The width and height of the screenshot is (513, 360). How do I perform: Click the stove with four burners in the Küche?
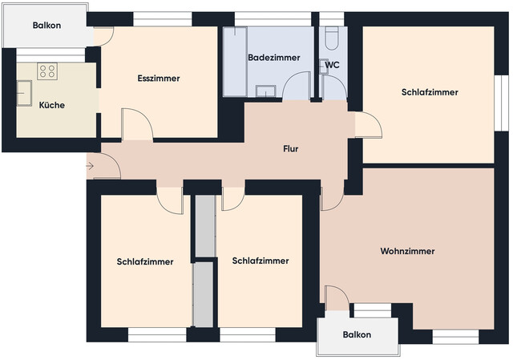tap(46, 71)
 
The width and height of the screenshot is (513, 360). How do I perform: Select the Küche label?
tap(51, 105)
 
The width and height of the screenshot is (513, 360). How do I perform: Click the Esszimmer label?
tap(158, 79)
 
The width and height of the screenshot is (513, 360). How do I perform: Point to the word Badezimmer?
tap(273, 58)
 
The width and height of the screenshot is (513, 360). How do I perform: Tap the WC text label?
tap(333, 66)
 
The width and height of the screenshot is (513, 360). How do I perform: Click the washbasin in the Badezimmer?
tap(267, 90)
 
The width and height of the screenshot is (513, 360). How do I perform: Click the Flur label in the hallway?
tap(291, 149)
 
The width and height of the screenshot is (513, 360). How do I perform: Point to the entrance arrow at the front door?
tap(89, 167)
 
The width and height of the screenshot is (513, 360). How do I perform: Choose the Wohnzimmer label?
tap(407, 251)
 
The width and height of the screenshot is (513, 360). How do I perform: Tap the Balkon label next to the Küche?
tap(46, 26)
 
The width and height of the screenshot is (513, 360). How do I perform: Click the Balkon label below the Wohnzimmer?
tap(357, 334)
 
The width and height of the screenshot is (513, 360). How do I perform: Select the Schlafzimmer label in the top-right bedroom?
tap(430, 92)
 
